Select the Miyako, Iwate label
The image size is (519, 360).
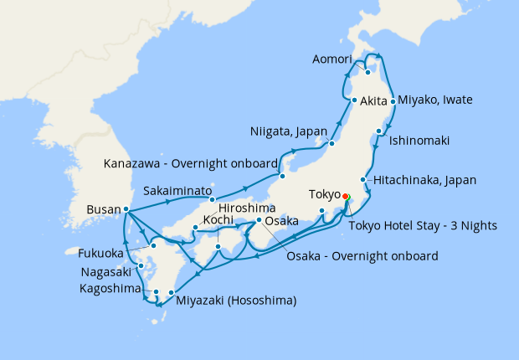coord(435,100)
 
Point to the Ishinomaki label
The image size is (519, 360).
coord(419,141)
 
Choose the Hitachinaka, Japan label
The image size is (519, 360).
coord(424,180)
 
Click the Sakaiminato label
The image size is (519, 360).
coord(177,190)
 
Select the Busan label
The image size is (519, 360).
coord(103,209)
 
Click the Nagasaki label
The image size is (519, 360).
coord(106,272)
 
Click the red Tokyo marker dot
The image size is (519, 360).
coord(346,199)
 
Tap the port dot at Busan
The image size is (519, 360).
coord(126,209)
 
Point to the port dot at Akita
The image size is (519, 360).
coord(355,101)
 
